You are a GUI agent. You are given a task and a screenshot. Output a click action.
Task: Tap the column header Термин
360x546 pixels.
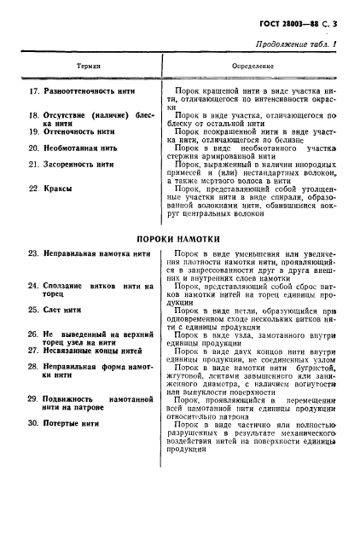(89, 64)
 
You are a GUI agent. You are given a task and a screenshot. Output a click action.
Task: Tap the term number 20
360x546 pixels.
(33, 147)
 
